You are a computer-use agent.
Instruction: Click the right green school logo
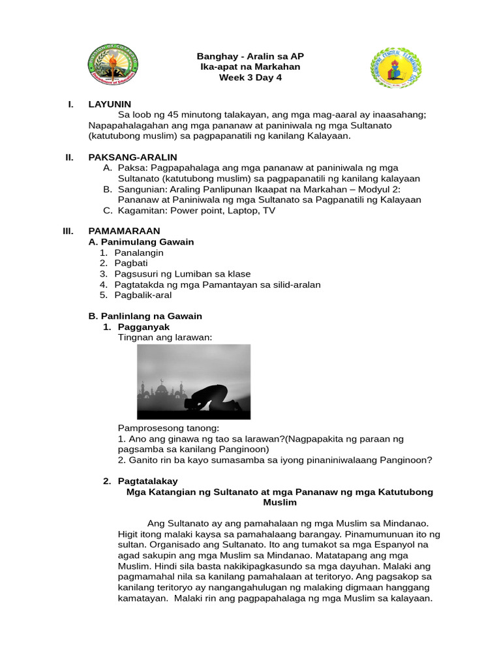tap(395, 68)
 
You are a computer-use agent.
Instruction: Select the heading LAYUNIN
tap(110, 104)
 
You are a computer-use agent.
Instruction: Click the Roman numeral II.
tap(69, 157)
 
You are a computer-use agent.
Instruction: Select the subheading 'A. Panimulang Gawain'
tap(141, 242)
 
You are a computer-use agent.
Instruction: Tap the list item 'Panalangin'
tap(139, 252)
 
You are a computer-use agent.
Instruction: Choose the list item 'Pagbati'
tap(131, 263)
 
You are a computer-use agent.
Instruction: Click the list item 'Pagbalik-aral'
tap(143, 295)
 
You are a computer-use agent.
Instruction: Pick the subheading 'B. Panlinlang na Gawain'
tap(145, 316)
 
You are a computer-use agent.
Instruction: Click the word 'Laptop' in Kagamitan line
tap(241, 210)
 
